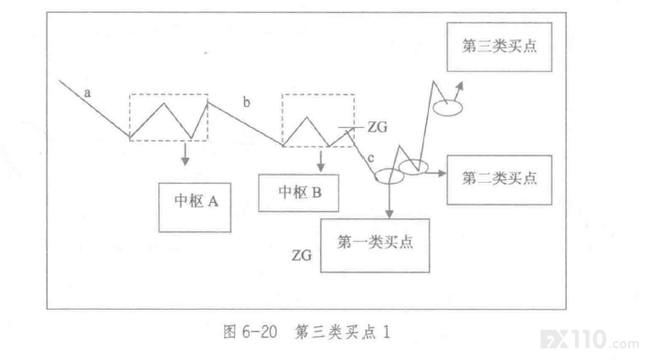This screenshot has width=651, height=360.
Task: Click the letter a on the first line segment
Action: click(87, 92)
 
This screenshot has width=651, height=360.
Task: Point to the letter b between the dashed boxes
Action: click(247, 101)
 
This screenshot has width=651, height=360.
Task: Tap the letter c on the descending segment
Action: click(370, 158)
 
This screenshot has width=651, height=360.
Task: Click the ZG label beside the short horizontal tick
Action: click(378, 127)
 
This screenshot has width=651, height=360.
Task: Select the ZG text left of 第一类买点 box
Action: click(302, 255)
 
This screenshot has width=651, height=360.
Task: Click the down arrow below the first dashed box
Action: click(186, 154)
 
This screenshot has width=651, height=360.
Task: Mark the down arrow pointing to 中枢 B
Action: click(321, 161)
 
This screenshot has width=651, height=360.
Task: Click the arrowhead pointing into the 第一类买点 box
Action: click(389, 214)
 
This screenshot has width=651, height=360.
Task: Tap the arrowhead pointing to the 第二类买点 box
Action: click(442, 173)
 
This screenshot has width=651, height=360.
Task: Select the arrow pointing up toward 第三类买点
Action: click(458, 90)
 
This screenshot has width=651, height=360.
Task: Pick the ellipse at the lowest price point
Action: click(375, 176)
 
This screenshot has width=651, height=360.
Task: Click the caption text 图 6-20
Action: click(250, 333)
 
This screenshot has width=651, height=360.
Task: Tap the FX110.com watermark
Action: click(590, 340)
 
